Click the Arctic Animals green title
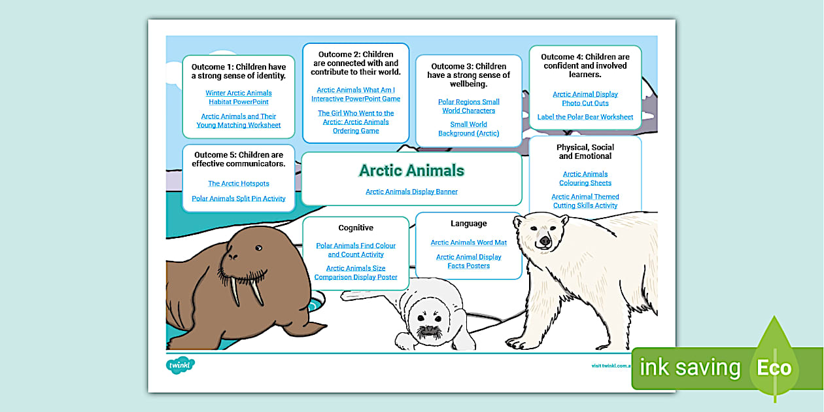click(x=411, y=171)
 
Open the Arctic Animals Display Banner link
click(x=411, y=192)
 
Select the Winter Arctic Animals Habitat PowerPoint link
click(x=239, y=97)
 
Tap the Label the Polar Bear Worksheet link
click(x=585, y=117)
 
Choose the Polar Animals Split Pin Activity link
click(x=239, y=199)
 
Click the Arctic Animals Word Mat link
click(x=468, y=243)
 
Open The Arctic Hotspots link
click(x=239, y=184)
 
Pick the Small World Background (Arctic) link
click(x=468, y=129)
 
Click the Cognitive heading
click(x=356, y=228)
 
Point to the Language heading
click(x=469, y=224)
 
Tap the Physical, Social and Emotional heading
click(x=585, y=152)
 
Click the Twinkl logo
click(x=180, y=366)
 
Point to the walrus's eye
click(x=258, y=248)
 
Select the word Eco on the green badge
click(x=774, y=368)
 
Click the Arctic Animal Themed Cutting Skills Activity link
click(x=585, y=201)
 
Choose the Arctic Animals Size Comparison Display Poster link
click(x=356, y=273)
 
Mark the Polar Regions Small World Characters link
click(x=468, y=106)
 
